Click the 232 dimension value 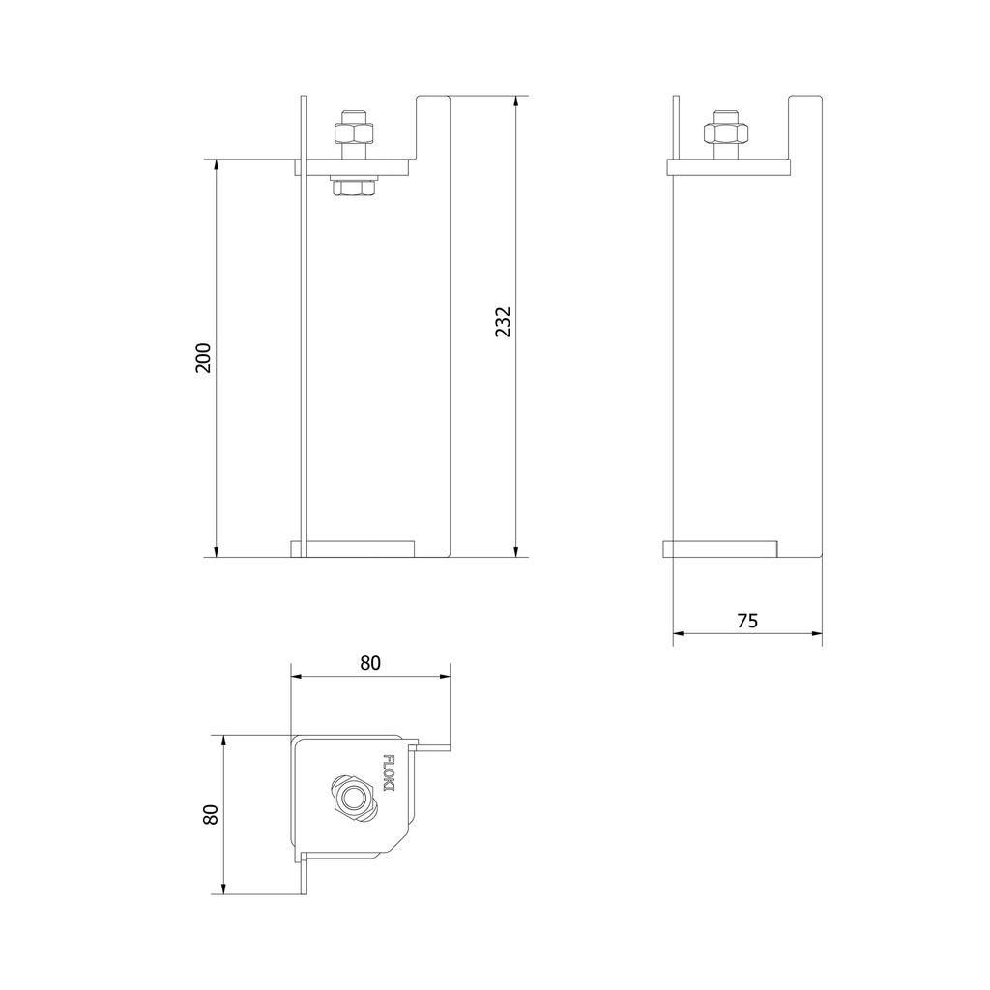503,322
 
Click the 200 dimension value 203,358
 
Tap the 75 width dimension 747,622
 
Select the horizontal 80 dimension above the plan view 370,663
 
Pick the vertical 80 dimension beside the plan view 210,814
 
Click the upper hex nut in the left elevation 353,133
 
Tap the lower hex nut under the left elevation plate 353,187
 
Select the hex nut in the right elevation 725,133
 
